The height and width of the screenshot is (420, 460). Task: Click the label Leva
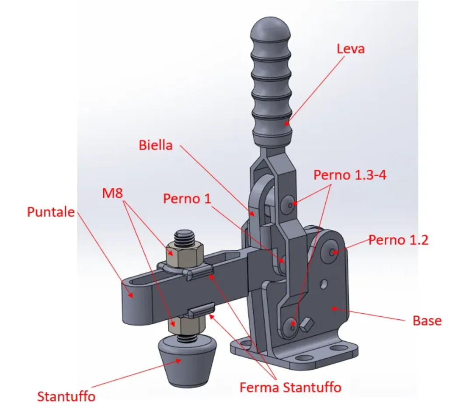[x=351, y=49]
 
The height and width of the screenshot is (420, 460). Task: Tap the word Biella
[x=156, y=145]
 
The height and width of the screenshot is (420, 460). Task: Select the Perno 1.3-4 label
[x=350, y=175]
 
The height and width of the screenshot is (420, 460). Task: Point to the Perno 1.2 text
[x=398, y=240]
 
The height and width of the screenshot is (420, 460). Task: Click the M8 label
[x=112, y=193]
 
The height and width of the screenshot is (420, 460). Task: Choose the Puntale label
[x=51, y=212]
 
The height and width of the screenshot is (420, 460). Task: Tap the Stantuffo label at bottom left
[x=66, y=396]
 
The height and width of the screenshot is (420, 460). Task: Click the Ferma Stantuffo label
[x=290, y=388]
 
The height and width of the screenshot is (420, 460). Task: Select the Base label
[x=427, y=321]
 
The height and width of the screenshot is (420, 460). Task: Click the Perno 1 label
[x=187, y=199]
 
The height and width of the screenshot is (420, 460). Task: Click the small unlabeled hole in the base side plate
[x=324, y=284]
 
